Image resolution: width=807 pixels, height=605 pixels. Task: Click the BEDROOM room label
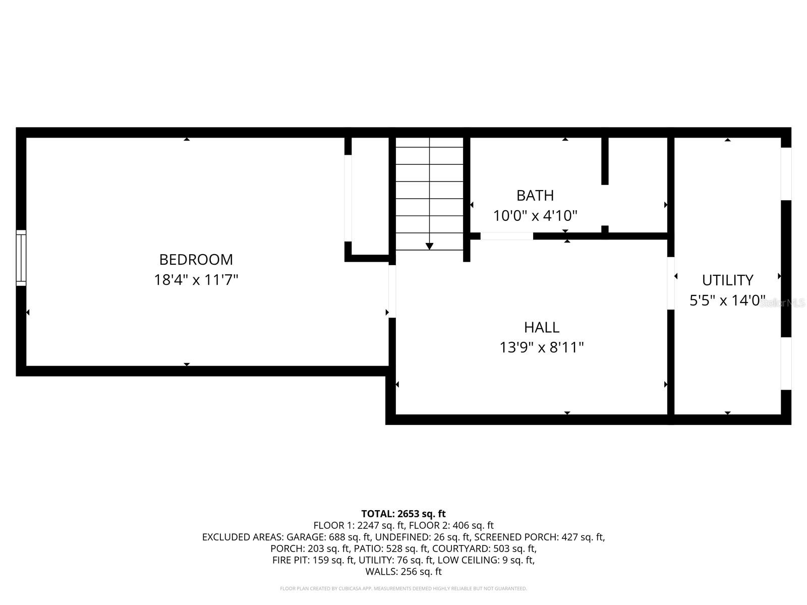click(x=196, y=260)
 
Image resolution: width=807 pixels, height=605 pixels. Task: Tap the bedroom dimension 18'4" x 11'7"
click(x=196, y=280)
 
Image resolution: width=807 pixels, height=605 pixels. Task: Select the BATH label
click(x=535, y=196)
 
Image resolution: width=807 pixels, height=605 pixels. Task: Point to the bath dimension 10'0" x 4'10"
click(x=535, y=216)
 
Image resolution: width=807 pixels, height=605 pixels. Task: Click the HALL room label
click(x=541, y=328)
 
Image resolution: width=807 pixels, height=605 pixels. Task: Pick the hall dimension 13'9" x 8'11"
click(x=541, y=348)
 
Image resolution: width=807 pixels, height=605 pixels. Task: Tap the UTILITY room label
click(x=727, y=280)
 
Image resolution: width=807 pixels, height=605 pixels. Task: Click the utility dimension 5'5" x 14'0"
click(x=727, y=301)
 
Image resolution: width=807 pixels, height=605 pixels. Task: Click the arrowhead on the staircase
click(x=429, y=246)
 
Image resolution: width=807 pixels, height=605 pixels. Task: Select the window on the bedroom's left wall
click(x=21, y=258)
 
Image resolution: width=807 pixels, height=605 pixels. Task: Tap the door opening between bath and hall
click(x=506, y=236)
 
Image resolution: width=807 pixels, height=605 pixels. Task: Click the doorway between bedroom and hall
click(x=392, y=291)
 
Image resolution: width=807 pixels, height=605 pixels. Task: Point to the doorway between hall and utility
click(x=671, y=283)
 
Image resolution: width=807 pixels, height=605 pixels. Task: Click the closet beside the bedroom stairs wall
click(x=370, y=197)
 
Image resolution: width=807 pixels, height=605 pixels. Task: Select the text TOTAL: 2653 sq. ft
click(x=403, y=514)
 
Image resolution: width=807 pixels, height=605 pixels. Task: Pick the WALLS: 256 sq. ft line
click(x=403, y=572)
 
